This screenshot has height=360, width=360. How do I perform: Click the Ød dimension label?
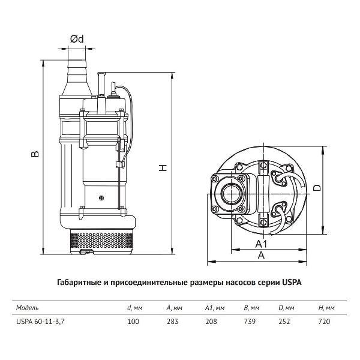[77, 39]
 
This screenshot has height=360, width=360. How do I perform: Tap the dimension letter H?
[163, 168]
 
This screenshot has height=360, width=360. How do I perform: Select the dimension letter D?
[317, 188]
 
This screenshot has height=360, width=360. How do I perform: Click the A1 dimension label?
[261, 244]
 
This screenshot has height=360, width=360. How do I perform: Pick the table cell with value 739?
[250, 322]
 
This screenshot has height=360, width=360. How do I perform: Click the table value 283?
[172, 322]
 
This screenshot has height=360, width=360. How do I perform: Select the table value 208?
[211, 322]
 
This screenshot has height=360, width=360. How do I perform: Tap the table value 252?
[284, 322]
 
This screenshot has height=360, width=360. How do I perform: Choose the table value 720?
[324, 322]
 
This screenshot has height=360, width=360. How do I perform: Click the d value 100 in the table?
[133, 322]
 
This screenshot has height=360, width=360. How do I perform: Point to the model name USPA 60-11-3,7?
[40, 322]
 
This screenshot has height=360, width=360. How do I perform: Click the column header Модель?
[28, 308]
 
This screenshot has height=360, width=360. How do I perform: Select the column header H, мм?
[326, 308]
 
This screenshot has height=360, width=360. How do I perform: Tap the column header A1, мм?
[215, 308]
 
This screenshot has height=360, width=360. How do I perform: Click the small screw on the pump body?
[101, 197]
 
